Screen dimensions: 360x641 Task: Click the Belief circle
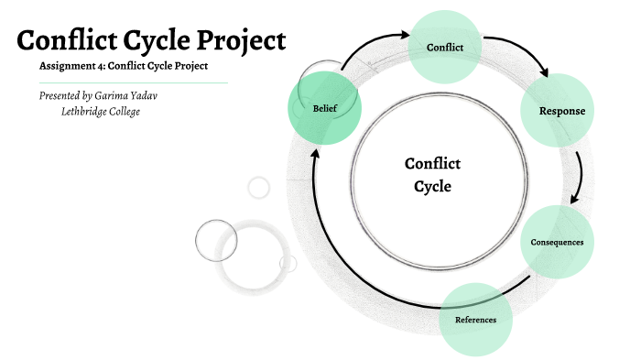325,108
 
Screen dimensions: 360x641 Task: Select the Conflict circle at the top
445,47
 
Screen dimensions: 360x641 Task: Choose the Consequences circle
557,242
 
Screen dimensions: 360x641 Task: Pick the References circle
475,319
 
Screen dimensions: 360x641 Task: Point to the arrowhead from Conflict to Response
543,72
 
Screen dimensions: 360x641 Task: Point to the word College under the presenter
129,111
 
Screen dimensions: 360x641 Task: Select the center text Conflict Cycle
432,174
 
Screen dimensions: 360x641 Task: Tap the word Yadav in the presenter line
161,95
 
